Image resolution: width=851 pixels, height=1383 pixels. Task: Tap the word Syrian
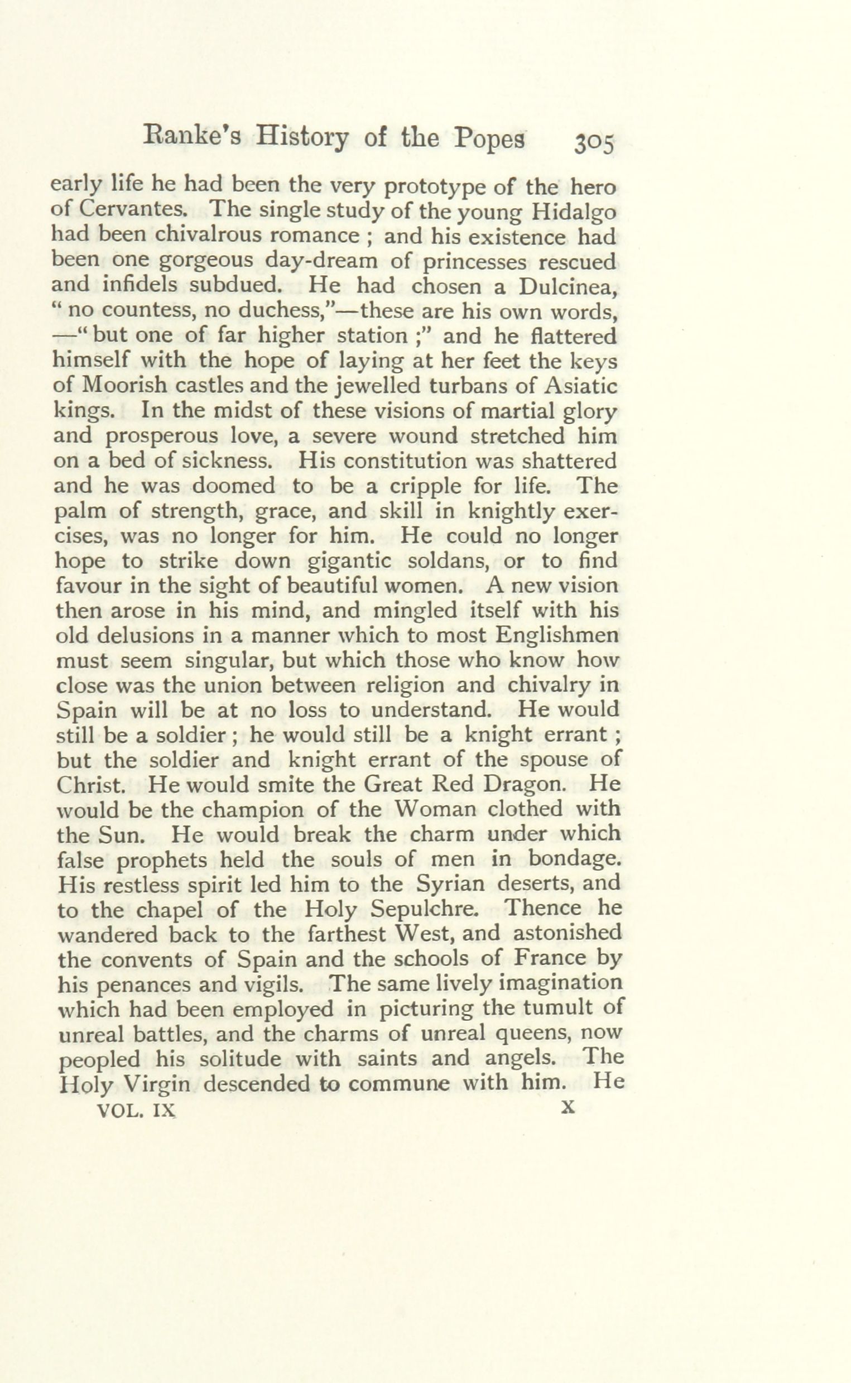tap(450, 884)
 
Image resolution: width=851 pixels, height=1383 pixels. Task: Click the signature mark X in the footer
tap(568, 1108)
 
